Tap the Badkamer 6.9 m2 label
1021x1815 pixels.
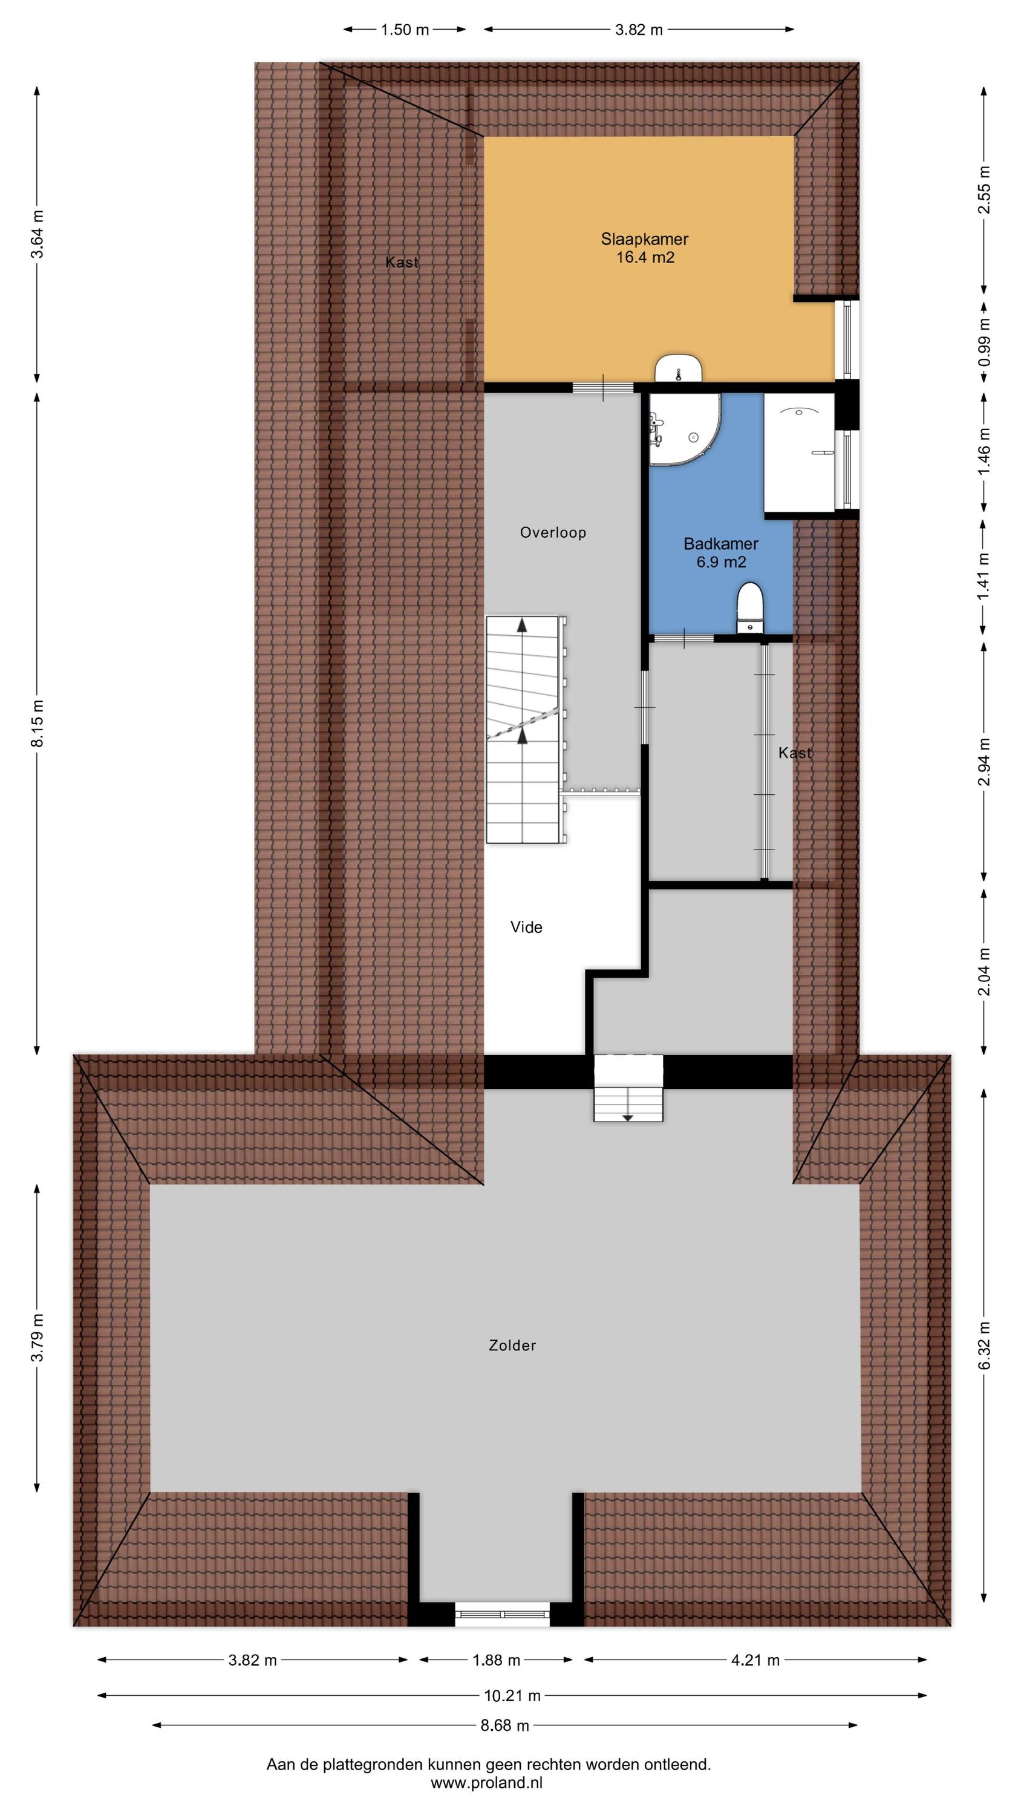coord(721,553)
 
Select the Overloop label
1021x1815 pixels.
coord(553,532)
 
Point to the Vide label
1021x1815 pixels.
coord(526,927)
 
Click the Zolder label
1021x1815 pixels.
coord(512,1346)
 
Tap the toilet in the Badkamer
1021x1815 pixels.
coord(749,607)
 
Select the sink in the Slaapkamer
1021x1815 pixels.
coord(679,368)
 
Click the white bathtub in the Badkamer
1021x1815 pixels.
coord(800,453)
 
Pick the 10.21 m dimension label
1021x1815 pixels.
coord(512,1696)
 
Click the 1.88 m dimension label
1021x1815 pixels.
coord(496,1661)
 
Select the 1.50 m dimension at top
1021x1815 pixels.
coord(405,30)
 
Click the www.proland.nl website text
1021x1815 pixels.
coord(487,1784)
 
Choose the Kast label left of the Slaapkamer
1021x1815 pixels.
coord(402,262)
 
